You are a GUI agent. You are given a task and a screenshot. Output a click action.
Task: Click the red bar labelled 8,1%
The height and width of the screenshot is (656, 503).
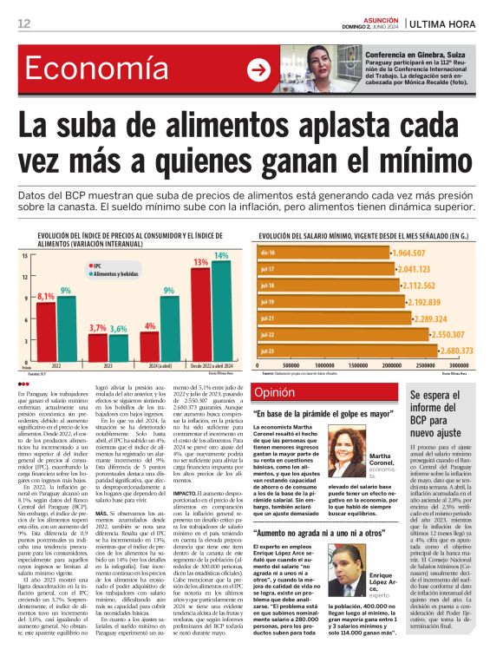click(x=45, y=321)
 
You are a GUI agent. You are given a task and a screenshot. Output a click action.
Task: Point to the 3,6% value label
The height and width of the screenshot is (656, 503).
click(x=118, y=329)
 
